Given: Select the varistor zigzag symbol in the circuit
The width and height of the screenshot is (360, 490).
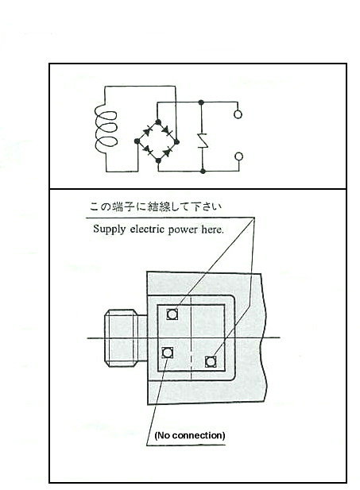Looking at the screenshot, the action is [202, 141].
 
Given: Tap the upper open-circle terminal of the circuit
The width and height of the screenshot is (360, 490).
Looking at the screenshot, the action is [238, 114].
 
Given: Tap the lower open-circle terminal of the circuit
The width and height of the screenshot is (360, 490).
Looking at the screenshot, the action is [238, 156].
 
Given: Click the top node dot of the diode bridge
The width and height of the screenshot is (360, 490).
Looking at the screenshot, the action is [158, 122].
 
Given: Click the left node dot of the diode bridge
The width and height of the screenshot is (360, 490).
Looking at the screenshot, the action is [137, 141].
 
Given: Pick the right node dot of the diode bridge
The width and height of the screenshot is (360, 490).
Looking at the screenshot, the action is [176, 142].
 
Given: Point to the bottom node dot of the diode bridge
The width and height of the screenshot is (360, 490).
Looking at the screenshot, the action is [158, 160].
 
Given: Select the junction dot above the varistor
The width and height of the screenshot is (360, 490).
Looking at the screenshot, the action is [201, 102].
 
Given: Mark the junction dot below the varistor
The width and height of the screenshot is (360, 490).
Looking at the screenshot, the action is [203, 171].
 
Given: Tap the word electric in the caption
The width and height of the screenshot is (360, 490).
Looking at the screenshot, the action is [147, 230].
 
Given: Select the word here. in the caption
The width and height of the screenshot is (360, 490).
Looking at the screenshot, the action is [213, 230].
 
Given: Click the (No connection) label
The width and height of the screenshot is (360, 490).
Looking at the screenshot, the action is [190, 435].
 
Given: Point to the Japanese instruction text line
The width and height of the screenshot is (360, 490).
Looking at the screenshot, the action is [156, 206].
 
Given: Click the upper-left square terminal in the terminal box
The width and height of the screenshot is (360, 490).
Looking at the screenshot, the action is [172, 314].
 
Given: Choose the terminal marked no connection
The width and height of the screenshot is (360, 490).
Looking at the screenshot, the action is [168, 353].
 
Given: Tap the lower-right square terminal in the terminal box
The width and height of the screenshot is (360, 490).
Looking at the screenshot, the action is [211, 362].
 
